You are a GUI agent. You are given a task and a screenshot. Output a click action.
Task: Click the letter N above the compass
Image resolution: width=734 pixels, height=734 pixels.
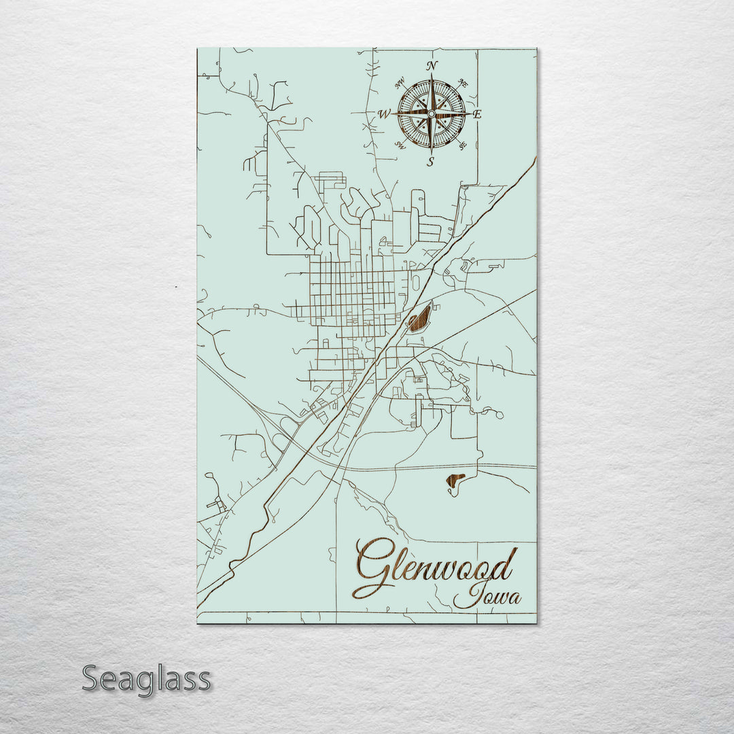(x=431, y=66)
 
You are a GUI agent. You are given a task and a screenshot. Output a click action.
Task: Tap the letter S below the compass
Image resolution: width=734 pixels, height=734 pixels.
(x=430, y=162)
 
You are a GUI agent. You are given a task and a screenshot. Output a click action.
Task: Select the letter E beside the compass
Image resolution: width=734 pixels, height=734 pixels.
(x=477, y=115)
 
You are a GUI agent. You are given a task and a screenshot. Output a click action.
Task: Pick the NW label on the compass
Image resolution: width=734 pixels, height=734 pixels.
(x=400, y=85)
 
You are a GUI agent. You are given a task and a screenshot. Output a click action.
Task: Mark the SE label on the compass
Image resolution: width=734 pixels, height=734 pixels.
(x=463, y=145)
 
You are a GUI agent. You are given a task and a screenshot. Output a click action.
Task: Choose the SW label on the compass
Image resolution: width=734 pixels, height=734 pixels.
(x=400, y=145)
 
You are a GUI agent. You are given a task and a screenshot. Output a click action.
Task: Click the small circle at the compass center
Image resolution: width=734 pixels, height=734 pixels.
(x=431, y=113)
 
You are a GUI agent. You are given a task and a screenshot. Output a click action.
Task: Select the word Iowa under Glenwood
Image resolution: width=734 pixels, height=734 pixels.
(x=487, y=596)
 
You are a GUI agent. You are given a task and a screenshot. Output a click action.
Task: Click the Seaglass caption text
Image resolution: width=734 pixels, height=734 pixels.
(x=146, y=679)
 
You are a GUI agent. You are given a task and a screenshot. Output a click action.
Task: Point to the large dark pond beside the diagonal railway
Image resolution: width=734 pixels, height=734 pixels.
(x=419, y=318)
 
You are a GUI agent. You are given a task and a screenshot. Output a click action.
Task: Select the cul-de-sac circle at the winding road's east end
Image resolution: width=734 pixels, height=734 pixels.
(x=500, y=413)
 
